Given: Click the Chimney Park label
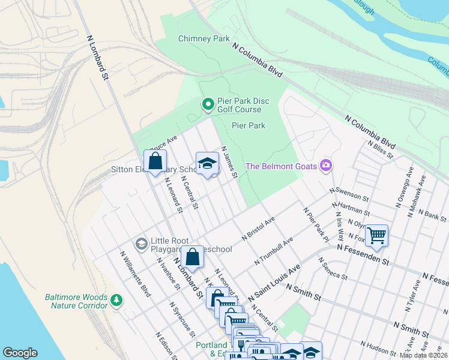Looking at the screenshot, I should [204, 39].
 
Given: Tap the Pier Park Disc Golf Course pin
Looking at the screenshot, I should [208, 105].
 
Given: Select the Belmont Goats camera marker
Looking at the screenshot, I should [326, 165].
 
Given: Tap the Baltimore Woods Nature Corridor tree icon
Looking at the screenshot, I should [117, 299].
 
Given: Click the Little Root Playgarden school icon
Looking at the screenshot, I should [141, 243].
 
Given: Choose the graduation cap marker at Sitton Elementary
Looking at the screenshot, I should [207, 163].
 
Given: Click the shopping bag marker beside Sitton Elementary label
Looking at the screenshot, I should [155, 161].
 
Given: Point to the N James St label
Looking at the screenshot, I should [230, 162].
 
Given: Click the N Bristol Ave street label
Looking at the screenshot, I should [258, 229].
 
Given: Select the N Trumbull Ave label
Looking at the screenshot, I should [273, 251].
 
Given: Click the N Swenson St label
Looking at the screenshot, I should [349, 193].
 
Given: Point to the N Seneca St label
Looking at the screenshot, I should [333, 269].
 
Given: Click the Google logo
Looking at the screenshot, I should [20, 353].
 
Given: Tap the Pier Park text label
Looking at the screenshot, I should [249, 125].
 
